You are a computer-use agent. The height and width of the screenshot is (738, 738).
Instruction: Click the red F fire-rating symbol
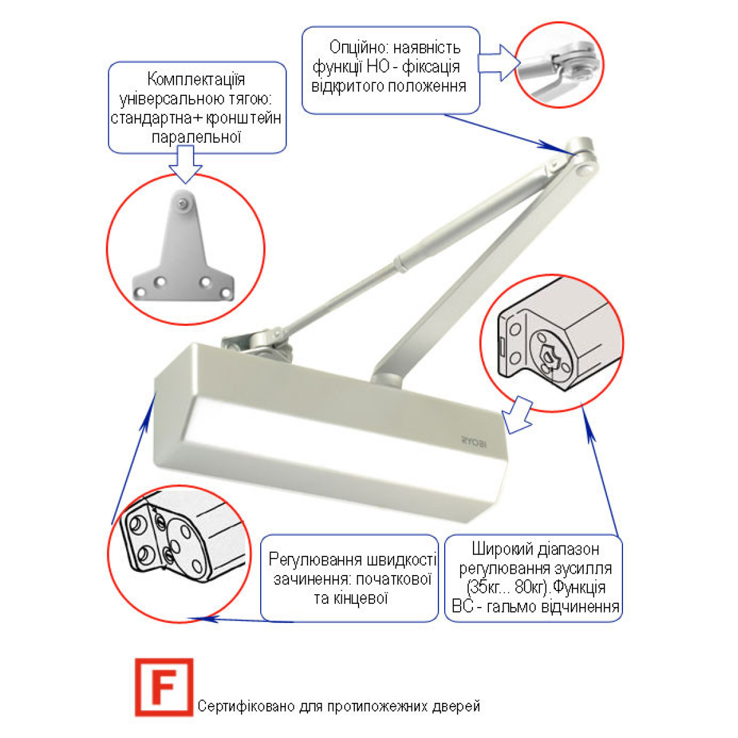[x=164, y=687]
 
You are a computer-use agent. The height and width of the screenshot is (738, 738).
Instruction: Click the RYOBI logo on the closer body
[x=474, y=443]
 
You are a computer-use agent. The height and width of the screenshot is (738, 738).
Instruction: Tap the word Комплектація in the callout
[x=196, y=80]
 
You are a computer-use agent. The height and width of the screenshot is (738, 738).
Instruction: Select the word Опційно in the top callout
[x=358, y=47]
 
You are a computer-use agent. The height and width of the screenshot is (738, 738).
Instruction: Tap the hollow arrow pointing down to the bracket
[x=185, y=164]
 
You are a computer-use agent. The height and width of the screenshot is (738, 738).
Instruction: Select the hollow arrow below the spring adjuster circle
[x=517, y=415]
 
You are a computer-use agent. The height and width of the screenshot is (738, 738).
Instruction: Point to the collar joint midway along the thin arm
[x=400, y=263]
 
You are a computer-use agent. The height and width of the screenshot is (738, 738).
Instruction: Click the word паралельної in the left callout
[x=196, y=137]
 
